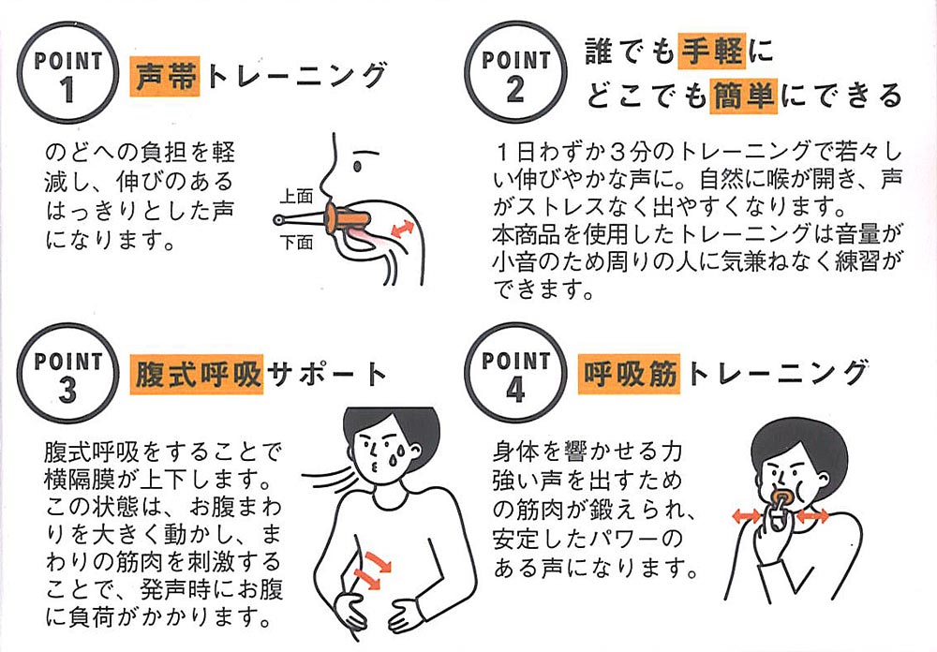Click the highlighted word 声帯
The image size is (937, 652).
coord(165,76)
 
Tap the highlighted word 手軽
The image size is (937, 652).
coord(712,51)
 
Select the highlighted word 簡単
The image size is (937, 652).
coord(743,96)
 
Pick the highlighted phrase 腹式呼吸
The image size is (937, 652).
coord(197,375)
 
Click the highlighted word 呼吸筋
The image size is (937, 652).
coord(630,374)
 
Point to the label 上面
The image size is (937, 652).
coord(297,197)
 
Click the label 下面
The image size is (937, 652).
coord(297,243)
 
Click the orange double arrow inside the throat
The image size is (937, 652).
coord(402,229)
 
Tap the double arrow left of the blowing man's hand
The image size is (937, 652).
coord(747,516)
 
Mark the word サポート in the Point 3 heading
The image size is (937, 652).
coord(326,374)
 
